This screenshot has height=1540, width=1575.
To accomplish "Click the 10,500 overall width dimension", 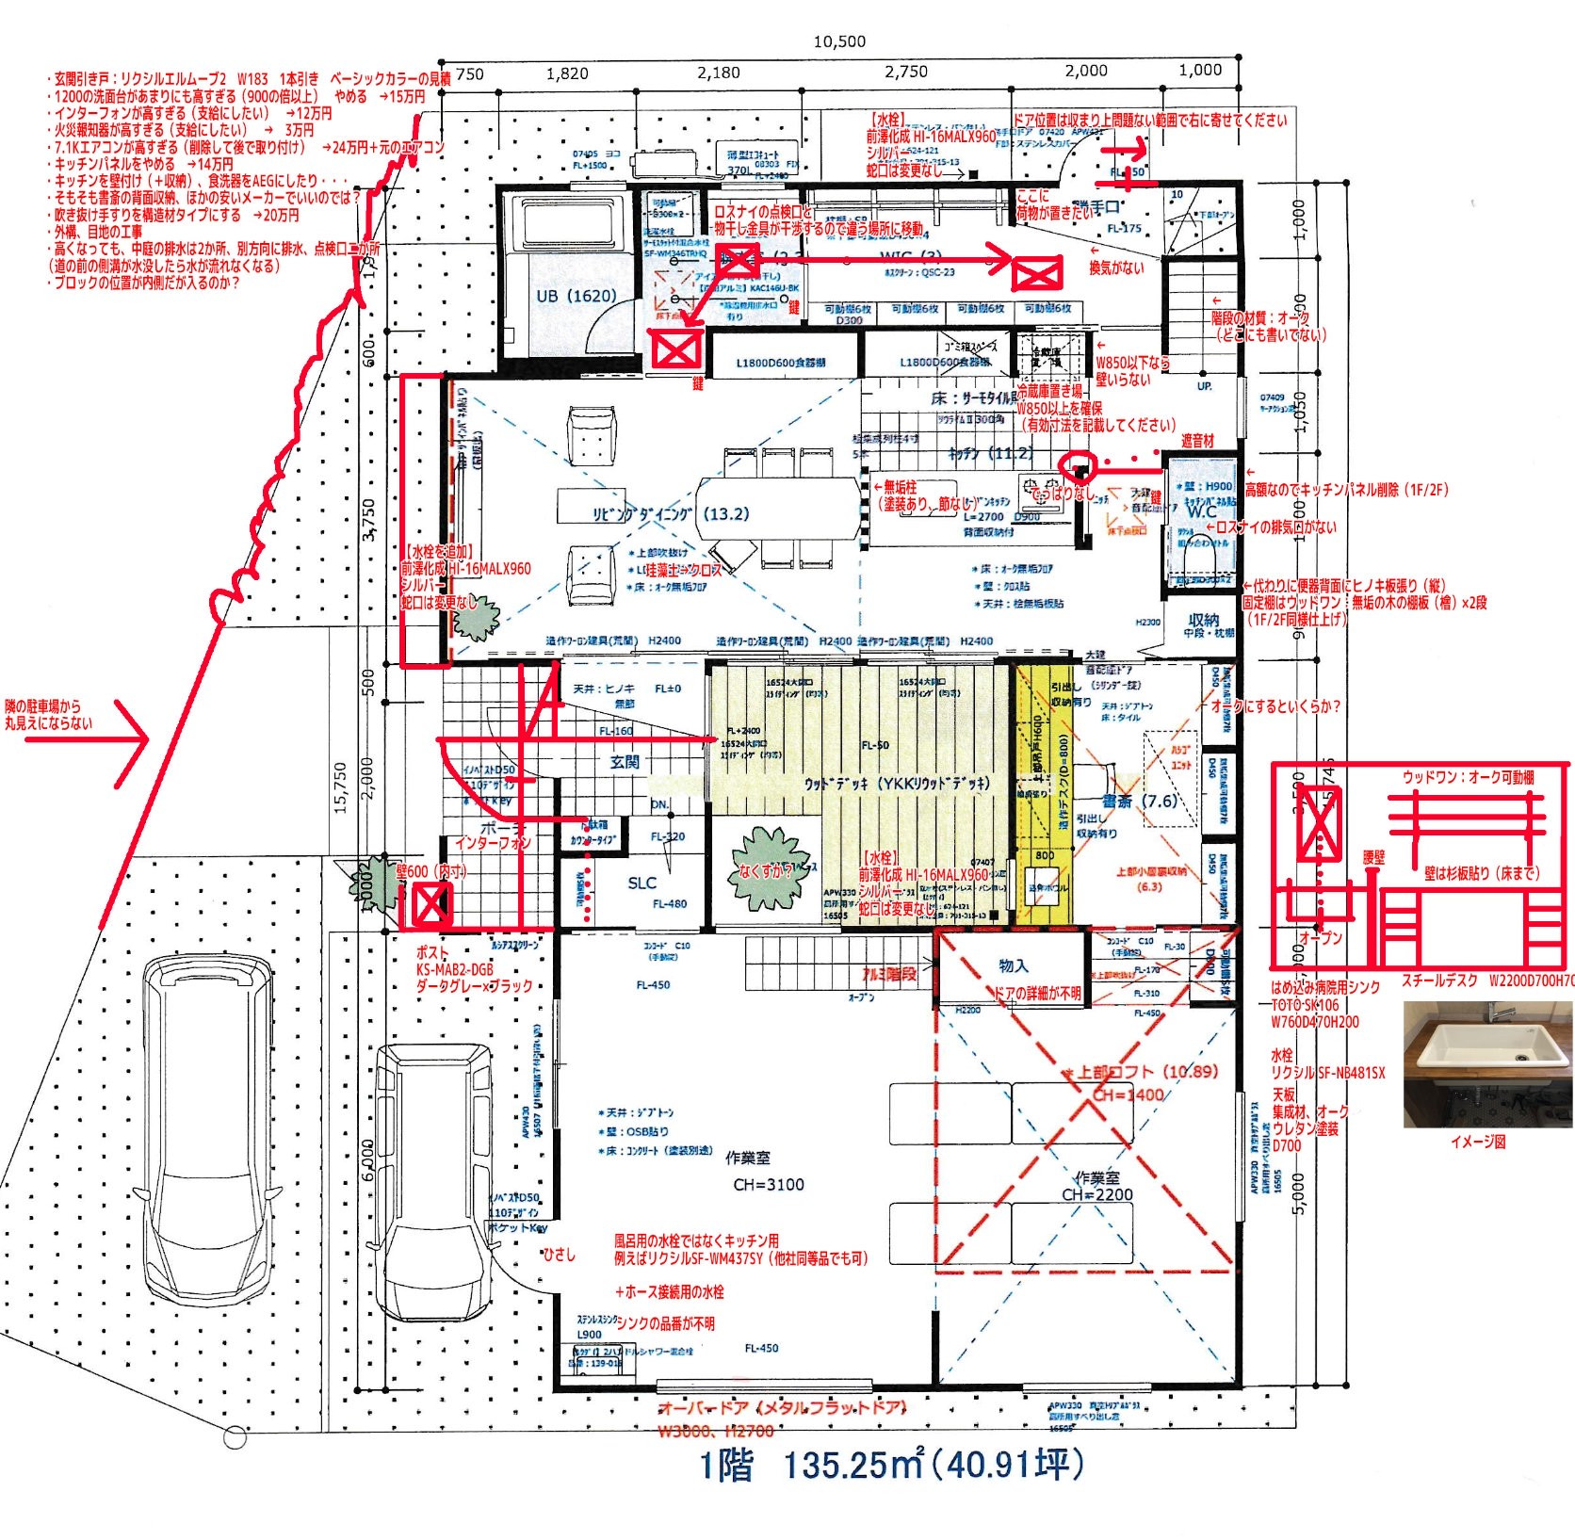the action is pyautogui.click(x=839, y=41).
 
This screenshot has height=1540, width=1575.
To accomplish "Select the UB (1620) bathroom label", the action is pyautogui.click(x=576, y=296).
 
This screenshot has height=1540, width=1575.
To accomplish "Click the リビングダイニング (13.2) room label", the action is pyautogui.click(x=671, y=514).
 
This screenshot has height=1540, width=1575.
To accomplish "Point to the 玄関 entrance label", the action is pyautogui.click(x=625, y=762).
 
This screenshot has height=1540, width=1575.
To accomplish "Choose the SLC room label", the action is pyautogui.click(x=641, y=883).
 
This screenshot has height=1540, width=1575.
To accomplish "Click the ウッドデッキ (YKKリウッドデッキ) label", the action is pyautogui.click(x=896, y=784).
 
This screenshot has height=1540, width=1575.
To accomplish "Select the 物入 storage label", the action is pyautogui.click(x=1013, y=965).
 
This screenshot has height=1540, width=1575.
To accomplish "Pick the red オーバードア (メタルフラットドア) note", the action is pyautogui.click(x=782, y=1408).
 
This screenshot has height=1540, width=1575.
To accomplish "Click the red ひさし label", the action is pyautogui.click(x=559, y=1255).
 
